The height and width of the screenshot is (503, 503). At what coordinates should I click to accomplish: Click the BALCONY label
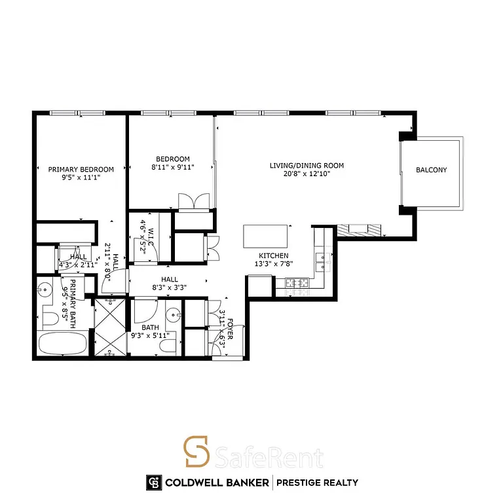pos(431,170)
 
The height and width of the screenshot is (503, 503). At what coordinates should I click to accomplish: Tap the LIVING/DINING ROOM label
pos(307,166)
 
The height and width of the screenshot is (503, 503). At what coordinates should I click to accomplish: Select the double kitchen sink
pos(322,261)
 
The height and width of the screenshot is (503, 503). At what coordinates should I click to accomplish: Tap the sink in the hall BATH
pos(172,312)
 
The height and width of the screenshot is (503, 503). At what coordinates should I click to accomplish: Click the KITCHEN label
pos(273,256)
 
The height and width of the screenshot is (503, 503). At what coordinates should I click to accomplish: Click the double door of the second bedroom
pos(193,201)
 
